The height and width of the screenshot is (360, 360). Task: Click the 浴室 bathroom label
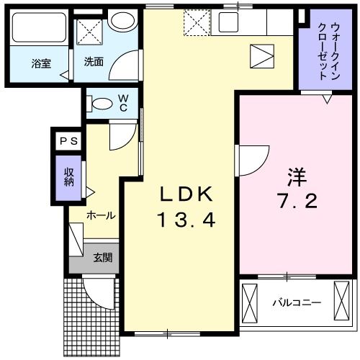coord(40,63)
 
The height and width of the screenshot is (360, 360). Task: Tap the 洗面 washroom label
coord(94,63)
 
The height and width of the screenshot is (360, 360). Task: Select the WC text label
coord(123,102)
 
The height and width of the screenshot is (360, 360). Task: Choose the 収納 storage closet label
coord(69,177)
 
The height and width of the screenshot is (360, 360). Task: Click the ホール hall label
coord(101,215)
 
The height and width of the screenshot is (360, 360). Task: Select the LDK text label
coord(186,194)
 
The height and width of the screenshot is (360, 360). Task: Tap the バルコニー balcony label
coord(296,303)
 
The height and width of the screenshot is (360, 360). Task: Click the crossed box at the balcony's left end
coord(250,302)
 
